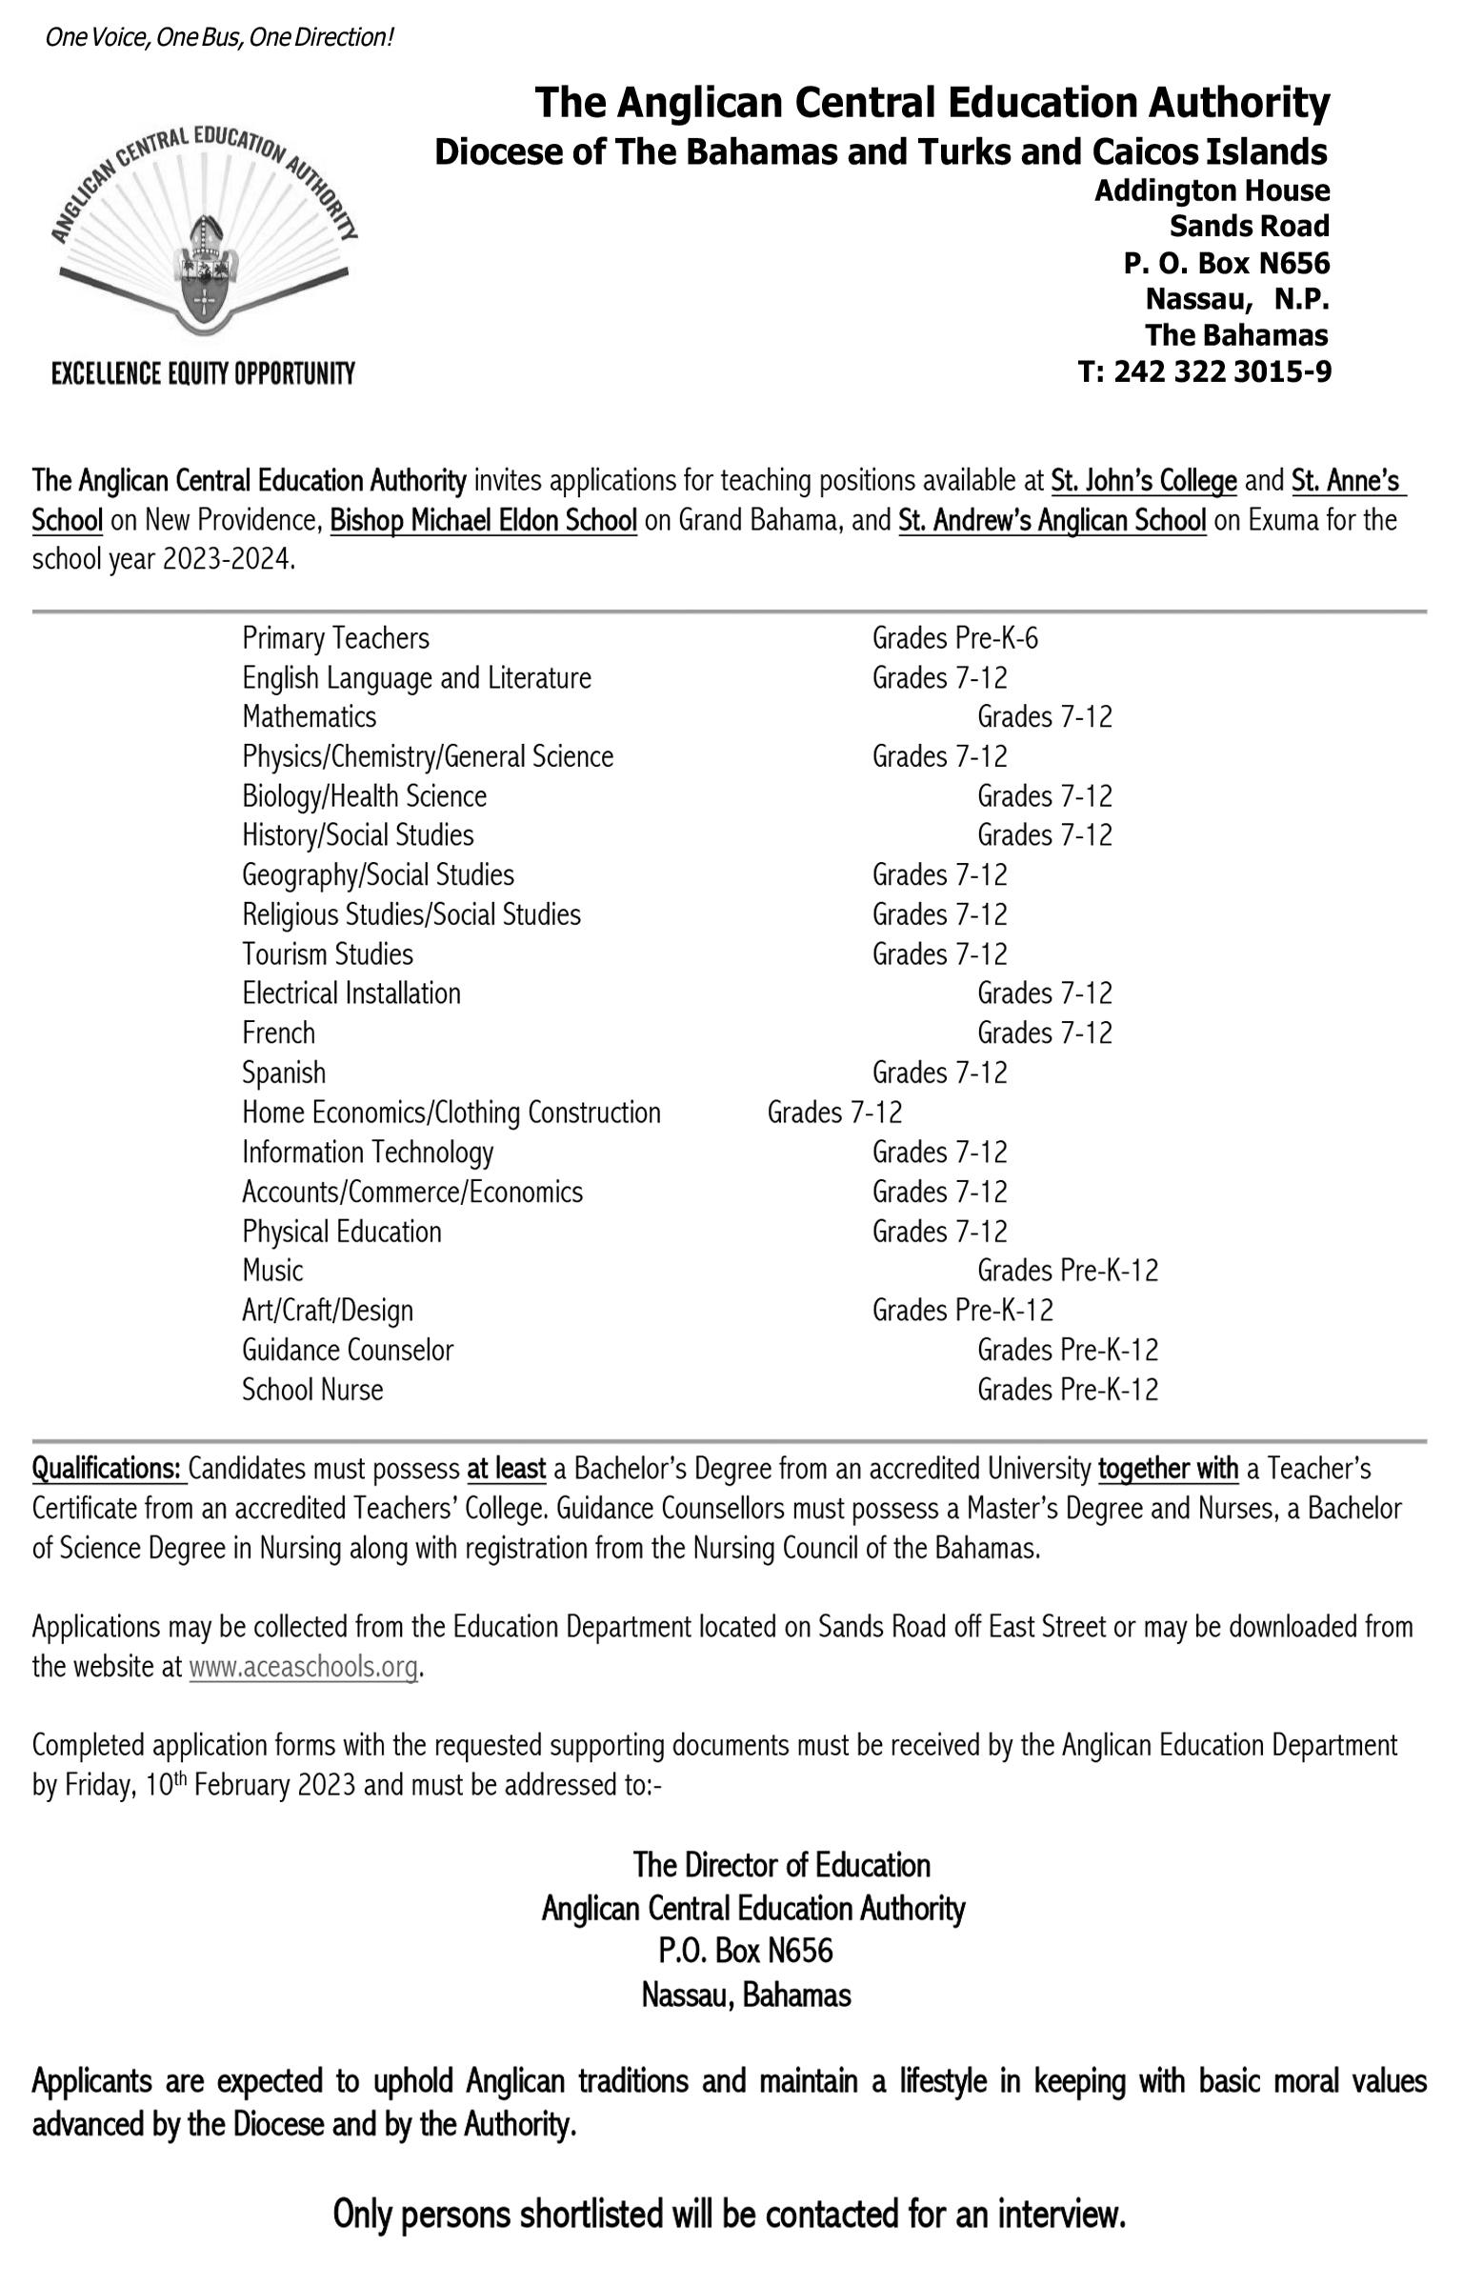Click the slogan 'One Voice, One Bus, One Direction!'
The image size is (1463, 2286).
point(219,38)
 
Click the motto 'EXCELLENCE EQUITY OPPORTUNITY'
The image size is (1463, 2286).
point(203,373)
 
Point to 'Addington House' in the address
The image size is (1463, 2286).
point(1212,191)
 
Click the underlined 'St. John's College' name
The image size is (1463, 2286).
point(1144,482)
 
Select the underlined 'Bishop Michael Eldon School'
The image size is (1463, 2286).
point(483,521)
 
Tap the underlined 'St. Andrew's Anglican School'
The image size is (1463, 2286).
point(1052,521)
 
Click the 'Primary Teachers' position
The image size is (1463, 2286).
point(335,638)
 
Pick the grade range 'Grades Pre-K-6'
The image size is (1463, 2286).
point(954,638)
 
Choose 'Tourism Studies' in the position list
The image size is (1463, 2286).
point(328,954)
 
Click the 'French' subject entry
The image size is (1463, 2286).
point(278,1033)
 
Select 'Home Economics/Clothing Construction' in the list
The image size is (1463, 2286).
point(451,1113)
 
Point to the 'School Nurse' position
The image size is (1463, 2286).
point(312,1390)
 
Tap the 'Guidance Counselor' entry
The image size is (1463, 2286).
point(348,1350)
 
